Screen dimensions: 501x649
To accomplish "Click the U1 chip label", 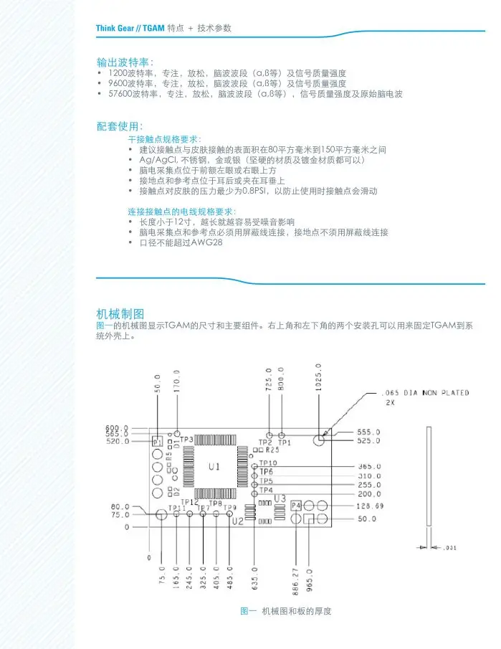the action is click(214, 467).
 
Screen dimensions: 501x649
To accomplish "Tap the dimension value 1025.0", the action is click(318, 376).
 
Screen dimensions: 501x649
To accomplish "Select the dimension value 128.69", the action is click(371, 506).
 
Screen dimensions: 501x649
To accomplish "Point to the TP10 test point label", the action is click(267, 463).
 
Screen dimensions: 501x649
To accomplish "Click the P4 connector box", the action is click(296, 506).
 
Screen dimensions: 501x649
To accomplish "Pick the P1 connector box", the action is click(158, 442).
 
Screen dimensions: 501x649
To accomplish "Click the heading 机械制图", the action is click(120, 313).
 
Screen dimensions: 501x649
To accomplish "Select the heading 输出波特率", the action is click(125, 61).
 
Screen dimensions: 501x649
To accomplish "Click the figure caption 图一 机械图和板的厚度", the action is click(285, 611).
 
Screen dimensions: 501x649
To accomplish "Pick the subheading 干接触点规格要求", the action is click(164, 138).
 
